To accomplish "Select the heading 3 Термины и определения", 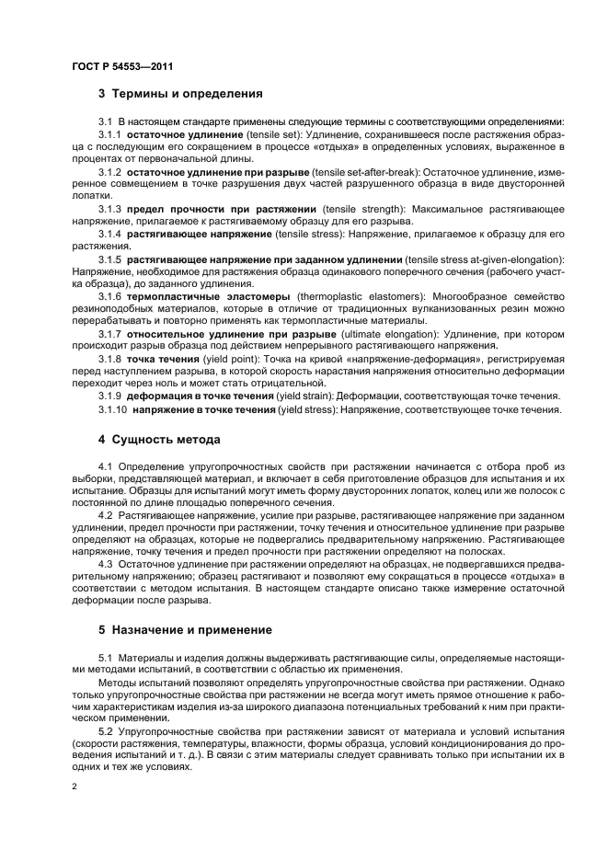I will pyautogui.click(x=180, y=93).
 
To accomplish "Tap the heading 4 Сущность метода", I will pyautogui.click(x=159, y=439).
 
